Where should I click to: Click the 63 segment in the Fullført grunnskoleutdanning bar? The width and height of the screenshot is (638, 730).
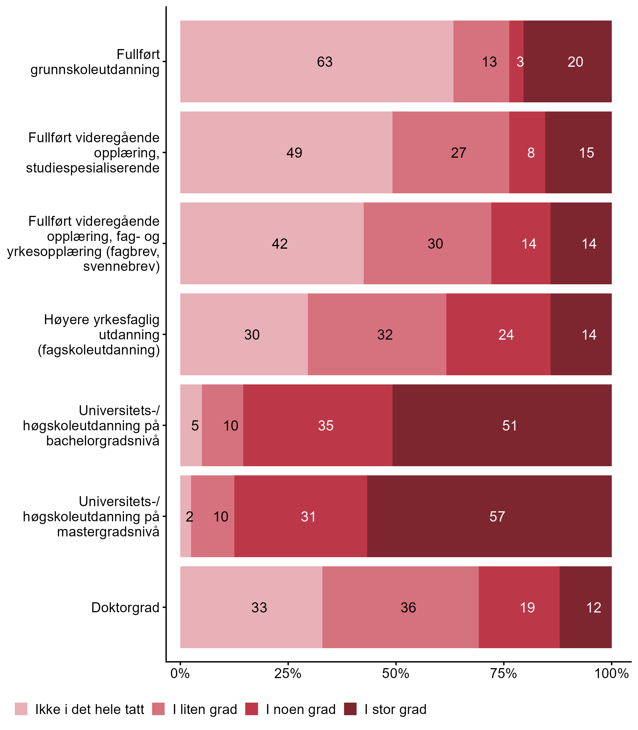pos(316,61)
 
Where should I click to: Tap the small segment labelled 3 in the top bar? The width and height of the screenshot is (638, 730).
pos(516,61)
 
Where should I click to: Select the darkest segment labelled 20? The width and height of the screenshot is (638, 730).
pos(567,61)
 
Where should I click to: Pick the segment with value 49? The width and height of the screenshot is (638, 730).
pos(286,152)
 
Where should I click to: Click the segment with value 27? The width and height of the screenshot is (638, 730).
pos(450,152)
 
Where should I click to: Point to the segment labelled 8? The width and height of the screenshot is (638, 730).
pos(527,152)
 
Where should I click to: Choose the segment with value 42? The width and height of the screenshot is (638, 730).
pos(272,243)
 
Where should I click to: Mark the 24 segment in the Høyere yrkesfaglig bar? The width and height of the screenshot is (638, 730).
pos(498,334)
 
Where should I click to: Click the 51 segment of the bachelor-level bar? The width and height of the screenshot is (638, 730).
pos(502,425)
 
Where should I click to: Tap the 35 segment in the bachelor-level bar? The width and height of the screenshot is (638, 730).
pos(318,425)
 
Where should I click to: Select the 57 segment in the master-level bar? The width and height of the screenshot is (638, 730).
pos(489,516)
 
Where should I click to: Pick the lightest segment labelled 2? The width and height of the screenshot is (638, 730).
pos(186,516)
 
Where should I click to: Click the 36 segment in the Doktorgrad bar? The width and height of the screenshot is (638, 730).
pos(400,607)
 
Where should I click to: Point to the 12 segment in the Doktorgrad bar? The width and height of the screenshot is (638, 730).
pos(585,607)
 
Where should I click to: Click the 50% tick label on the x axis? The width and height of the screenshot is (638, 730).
pos(396,673)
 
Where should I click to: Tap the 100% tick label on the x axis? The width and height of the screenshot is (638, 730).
pos(611,673)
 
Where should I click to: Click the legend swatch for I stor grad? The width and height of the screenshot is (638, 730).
pos(350,709)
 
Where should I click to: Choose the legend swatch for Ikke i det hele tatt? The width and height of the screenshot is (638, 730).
pos(21,709)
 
